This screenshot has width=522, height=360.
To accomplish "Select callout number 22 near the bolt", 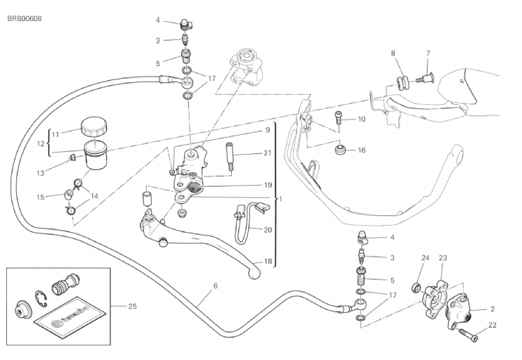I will coord(492,324).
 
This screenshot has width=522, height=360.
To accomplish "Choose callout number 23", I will coord(443,259).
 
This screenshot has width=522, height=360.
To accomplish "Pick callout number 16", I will coord(361,150).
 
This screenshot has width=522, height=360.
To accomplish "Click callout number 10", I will coord(361,120).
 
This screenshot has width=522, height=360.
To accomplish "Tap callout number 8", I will coord(393,53).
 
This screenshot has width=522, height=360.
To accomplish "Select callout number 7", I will coord(426,53).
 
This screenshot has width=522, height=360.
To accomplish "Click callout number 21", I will coord(268,153).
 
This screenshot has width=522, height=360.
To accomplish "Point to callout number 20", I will coord(268,230).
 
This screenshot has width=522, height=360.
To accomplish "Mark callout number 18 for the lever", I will coord(268,262).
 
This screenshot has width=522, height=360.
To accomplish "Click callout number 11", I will coord(56,131).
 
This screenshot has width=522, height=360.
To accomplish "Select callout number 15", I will coord(41,196).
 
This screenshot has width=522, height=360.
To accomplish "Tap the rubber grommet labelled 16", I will coord(341,150).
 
